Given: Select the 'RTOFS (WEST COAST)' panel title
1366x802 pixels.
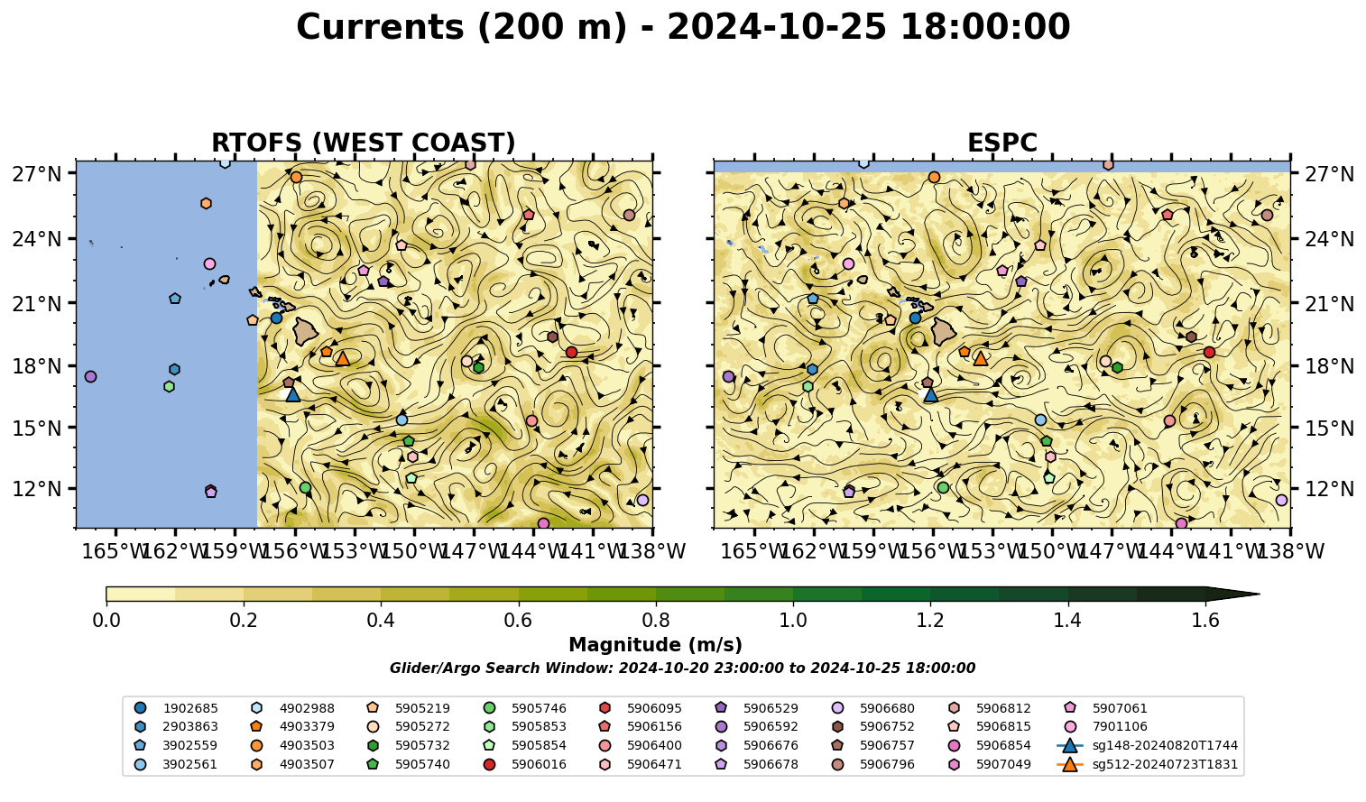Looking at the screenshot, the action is [364, 143].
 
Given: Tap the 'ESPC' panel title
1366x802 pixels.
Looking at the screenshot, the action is [1001, 143].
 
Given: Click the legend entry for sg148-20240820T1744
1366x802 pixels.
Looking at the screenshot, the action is [1147, 745].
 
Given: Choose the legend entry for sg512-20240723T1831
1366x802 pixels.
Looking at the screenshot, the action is [1147, 764].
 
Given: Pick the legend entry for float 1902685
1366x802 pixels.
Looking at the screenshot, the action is [176, 708].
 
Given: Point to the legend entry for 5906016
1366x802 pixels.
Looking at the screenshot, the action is [524, 764].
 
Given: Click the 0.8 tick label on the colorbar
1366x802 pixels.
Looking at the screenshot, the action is [656, 621].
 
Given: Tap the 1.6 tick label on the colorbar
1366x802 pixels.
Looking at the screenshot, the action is [1205, 621].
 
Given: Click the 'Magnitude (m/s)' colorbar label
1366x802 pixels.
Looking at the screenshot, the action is [656, 645].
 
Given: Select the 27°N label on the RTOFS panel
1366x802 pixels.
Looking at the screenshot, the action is [37, 174].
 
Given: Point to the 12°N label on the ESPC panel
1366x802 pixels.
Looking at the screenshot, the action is [1329, 489].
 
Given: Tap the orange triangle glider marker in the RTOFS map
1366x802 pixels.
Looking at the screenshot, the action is [343, 359].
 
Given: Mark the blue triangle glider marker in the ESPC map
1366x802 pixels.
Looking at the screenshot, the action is [930, 394].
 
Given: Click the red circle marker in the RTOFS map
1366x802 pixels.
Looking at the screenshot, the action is [571, 353].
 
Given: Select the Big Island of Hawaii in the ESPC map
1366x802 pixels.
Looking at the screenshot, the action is [945, 332].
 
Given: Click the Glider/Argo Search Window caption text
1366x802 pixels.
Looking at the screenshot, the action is [682, 668].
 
